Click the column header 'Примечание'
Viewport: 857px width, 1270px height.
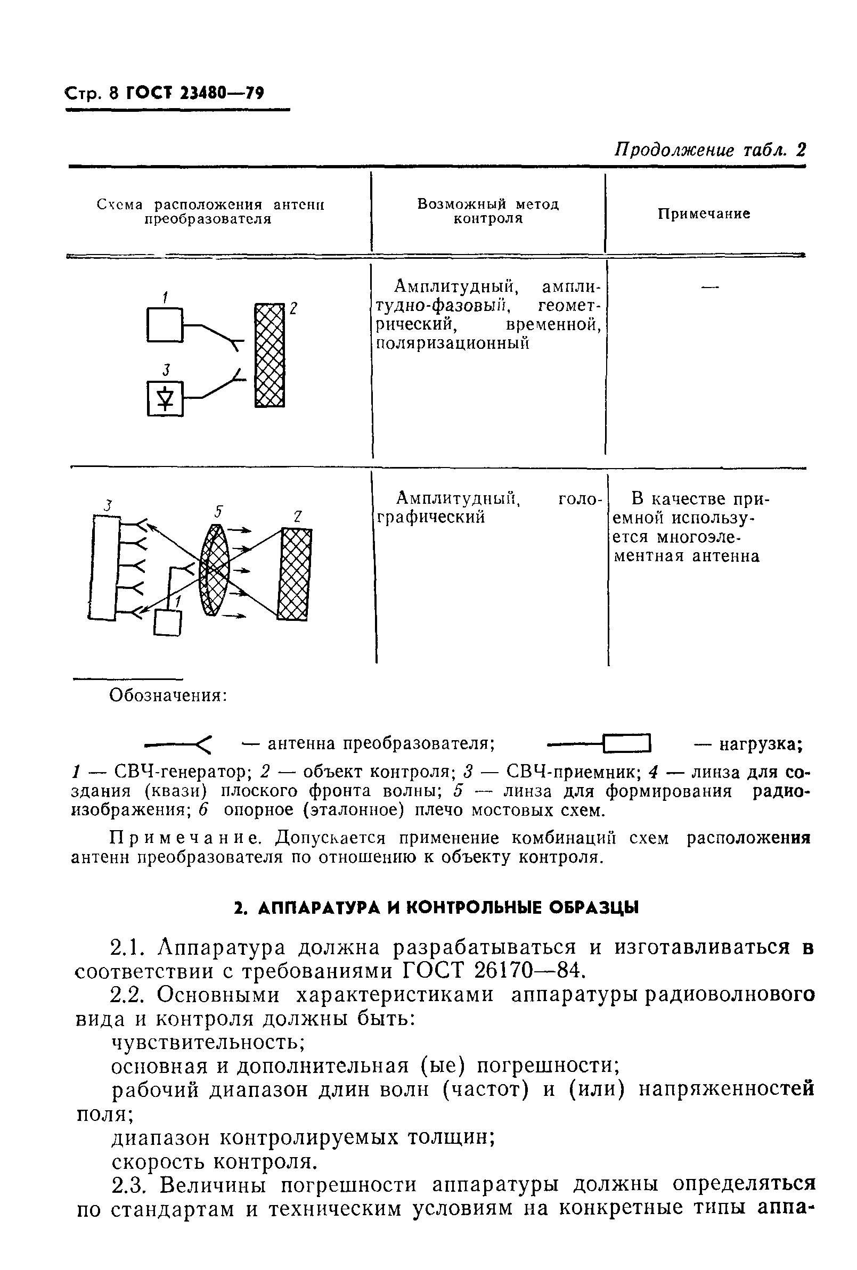(704, 214)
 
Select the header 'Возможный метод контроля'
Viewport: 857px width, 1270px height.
(488, 211)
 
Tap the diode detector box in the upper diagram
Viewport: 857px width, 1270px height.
(165, 399)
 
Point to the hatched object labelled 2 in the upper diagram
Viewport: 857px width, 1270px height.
(270, 356)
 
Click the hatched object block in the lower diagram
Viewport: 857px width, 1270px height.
(295, 574)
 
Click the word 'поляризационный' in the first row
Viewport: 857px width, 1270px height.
(453, 344)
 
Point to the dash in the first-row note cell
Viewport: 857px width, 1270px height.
(709, 287)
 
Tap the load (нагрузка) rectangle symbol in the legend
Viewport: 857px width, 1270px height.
(628, 743)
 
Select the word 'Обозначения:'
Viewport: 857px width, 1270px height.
(168, 695)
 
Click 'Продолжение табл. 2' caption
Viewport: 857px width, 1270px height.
(711, 150)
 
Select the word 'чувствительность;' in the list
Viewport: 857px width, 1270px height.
(208, 1042)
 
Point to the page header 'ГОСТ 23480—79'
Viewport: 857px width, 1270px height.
(195, 93)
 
